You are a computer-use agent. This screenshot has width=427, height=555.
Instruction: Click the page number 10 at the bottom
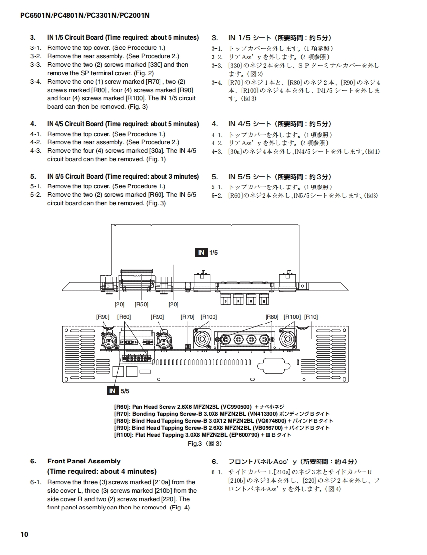tap(24, 534)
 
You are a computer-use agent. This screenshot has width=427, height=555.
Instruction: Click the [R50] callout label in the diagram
tap(141, 304)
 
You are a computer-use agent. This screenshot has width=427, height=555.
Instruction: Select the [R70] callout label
tap(187, 317)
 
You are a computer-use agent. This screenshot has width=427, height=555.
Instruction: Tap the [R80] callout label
tap(272, 317)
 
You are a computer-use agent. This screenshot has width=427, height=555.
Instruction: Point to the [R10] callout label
tap(311, 317)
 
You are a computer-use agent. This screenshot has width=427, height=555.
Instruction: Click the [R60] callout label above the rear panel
tap(124, 317)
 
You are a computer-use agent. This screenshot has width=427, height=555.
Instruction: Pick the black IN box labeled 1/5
tap(201, 252)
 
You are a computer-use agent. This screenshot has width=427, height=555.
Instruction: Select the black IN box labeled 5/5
tap(113, 391)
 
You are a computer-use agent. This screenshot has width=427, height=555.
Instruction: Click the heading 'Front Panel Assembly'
tap(84, 461)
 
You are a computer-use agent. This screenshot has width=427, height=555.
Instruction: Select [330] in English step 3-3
tap(154, 65)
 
